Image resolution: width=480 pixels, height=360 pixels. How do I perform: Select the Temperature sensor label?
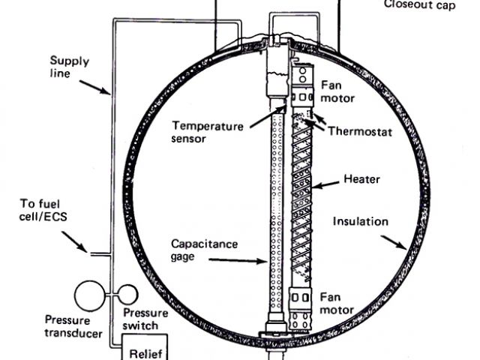[x=208, y=133]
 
